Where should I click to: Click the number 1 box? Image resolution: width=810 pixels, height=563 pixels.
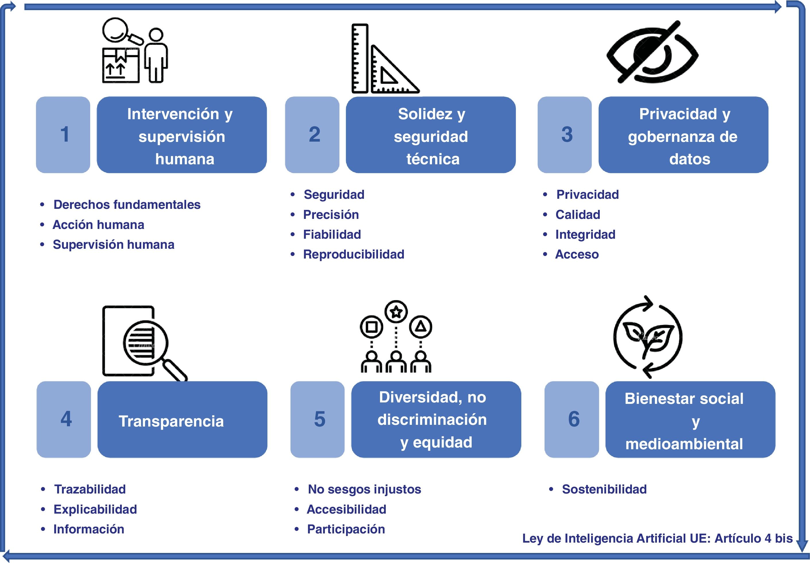[x=63, y=135]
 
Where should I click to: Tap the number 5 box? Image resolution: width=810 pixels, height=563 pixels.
[x=317, y=419]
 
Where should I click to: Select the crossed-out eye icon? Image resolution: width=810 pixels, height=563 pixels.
[x=652, y=53]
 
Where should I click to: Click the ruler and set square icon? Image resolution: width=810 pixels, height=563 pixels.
[x=384, y=59]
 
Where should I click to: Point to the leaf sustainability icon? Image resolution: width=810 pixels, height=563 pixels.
[x=648, y=337]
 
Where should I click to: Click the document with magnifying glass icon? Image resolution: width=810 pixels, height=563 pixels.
[x=143, y=342]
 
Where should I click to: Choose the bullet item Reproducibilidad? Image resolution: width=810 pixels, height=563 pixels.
[x=353, y=254]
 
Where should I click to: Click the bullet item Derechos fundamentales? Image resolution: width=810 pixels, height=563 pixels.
[x=127, y=205]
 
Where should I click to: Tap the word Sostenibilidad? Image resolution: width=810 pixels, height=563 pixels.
[x=604, y=489]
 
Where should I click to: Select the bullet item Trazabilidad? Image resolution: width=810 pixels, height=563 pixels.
[x=90, y=489]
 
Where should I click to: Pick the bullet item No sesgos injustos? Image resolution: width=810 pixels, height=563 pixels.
[x=364, y=489]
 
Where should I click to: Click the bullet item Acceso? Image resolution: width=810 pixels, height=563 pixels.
[x=577, y=254]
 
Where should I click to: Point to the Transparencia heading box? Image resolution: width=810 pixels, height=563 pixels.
[x=182, y=419]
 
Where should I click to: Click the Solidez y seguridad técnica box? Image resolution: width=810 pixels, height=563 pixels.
[x=431, y=135]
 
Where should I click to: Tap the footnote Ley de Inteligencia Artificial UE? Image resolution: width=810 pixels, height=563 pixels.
[x=657, y=538]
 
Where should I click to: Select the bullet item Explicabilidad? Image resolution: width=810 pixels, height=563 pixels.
[x=95, y=509]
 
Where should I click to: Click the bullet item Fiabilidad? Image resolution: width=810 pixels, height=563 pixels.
[x=332, y=235]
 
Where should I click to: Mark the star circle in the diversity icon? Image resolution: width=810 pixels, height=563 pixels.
[x=396, y=311]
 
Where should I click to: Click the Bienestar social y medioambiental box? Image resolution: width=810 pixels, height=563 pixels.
[x=690, y=419]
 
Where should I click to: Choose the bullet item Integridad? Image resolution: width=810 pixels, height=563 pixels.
[x=585, y=235]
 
